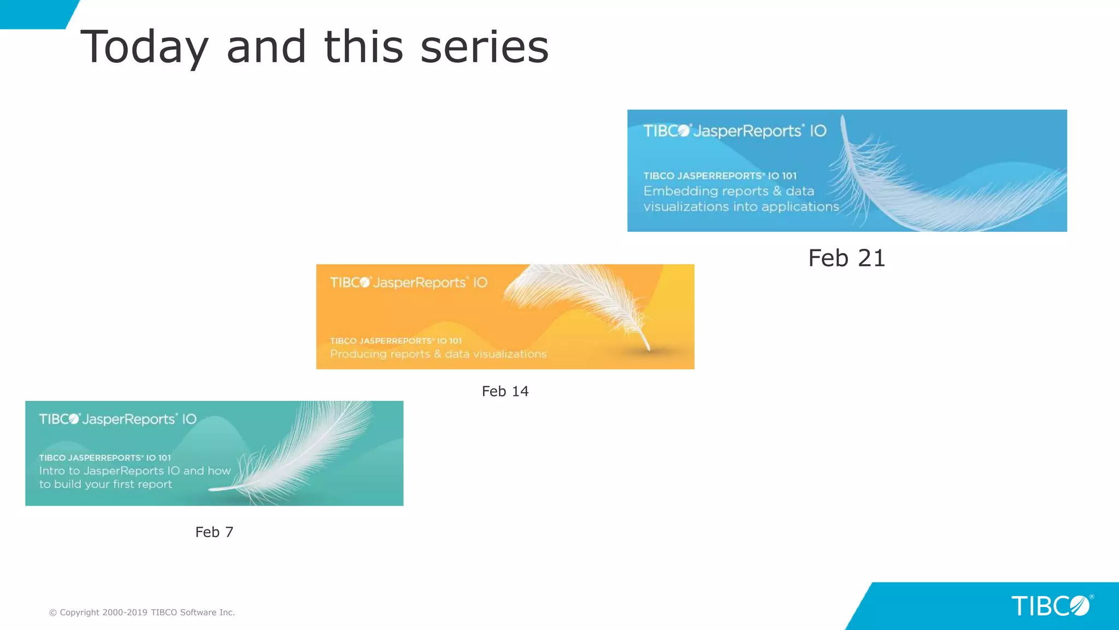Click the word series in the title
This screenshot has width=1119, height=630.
(484, 47)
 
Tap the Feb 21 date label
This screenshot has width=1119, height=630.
(846, 258)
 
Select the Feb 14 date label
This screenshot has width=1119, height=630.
(505, 391)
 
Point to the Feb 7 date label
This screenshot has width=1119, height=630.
(214, 532)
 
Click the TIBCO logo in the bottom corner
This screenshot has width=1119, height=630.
(1050, 606)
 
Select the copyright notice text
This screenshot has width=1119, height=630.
(142, 612)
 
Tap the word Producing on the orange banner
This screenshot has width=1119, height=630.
(358, 354)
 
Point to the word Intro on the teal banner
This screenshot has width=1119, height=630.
(51, 471)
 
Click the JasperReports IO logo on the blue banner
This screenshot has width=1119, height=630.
(734, 131)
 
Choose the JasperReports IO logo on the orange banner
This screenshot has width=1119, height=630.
(408, 283)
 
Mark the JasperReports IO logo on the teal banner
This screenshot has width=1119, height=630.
(117, 419)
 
